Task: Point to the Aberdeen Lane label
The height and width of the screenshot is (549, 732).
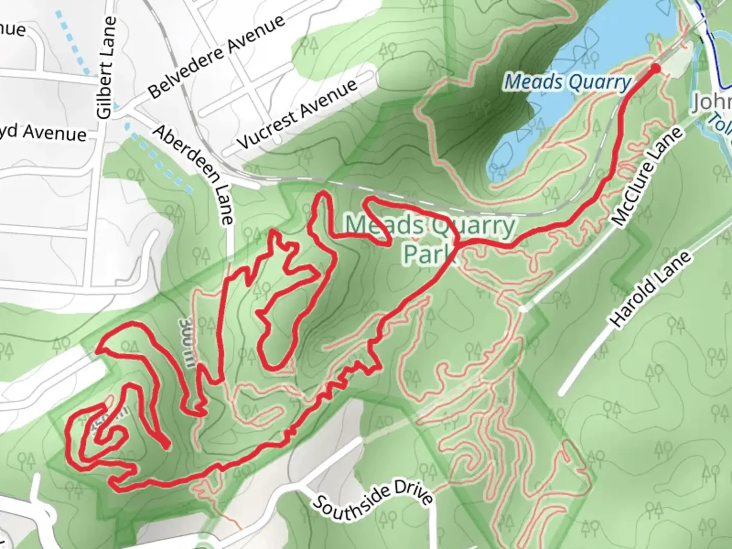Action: point(194,174)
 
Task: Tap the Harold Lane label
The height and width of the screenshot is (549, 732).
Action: point(650,289)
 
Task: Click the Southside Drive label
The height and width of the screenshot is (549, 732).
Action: point(373,501)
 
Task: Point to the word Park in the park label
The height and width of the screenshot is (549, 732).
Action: point(426,253)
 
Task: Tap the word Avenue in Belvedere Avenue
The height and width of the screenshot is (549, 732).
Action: point(256,35)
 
